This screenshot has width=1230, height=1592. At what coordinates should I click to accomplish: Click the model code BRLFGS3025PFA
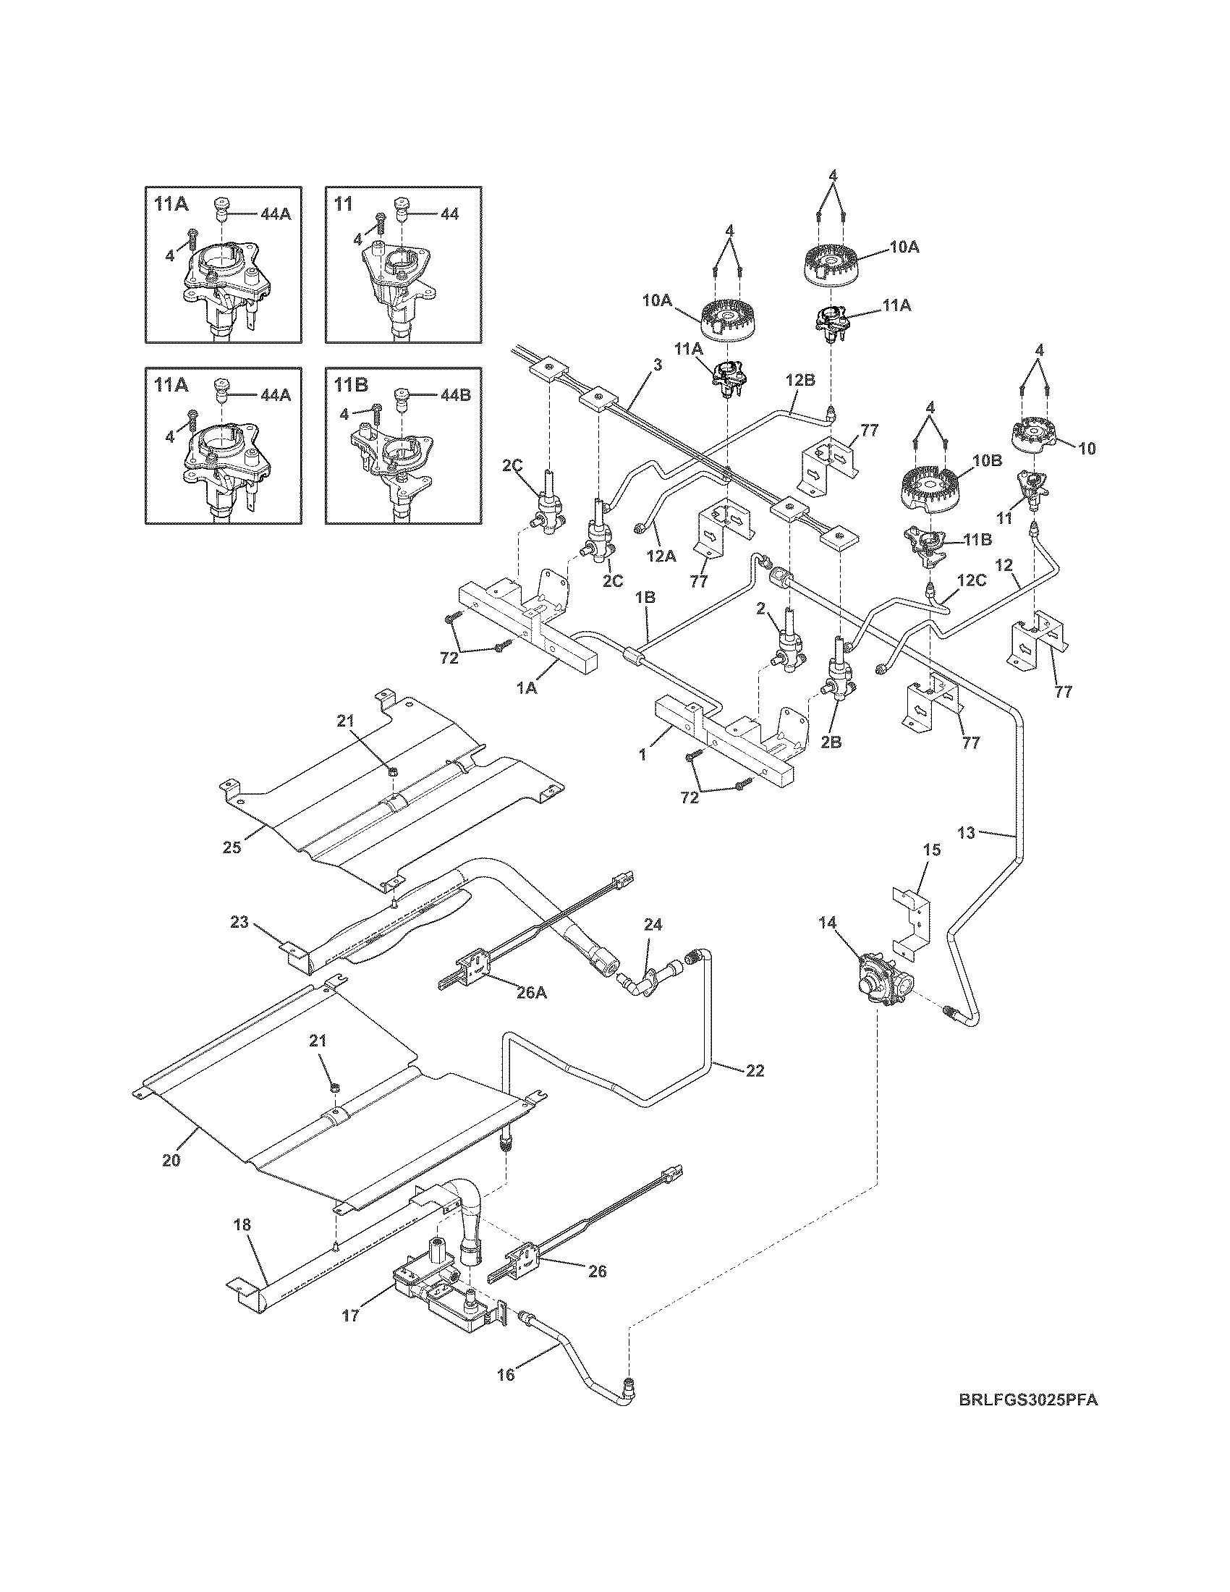pos(1027,1420)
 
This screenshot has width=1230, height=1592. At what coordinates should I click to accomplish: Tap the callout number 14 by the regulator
pos(827,922)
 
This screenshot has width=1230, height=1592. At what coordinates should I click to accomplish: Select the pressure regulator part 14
pos(881,981)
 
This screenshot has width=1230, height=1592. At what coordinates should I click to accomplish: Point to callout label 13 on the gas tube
pos(965,832)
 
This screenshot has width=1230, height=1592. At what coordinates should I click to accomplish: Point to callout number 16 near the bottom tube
pos(505,1375)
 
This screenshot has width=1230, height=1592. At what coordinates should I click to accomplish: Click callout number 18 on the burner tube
pos(242,1224)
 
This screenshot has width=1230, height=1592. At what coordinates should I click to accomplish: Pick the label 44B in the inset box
pos(456,395)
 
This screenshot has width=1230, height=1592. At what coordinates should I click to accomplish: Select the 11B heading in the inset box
pos(348,384)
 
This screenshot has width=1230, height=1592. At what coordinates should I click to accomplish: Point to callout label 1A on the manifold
pos(527,687)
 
